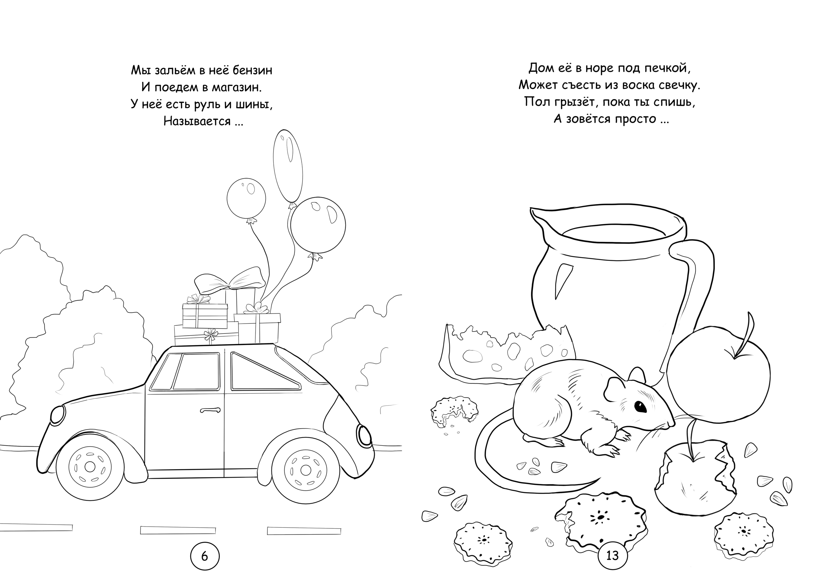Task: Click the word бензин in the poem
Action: click(x=252, y=70)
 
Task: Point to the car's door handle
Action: click(x=210, y=410)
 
